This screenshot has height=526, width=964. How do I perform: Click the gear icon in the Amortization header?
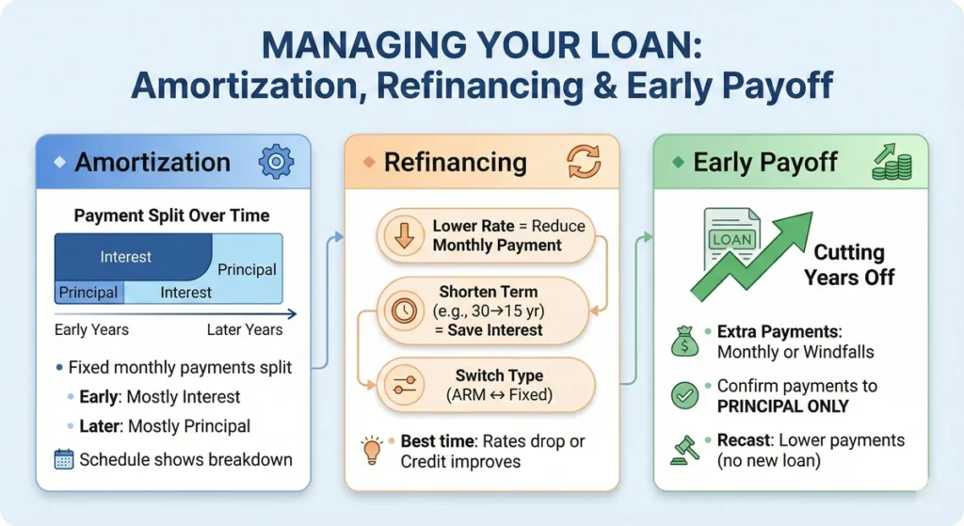[x=276, y=162]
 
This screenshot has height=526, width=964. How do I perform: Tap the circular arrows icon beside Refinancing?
[x=583, y=162]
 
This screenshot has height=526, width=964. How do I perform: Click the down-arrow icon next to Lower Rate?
[x=405, y=236]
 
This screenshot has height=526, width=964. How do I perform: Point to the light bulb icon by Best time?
[x=374, y=450]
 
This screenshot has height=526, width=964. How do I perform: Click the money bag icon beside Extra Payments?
[x=684, y=342]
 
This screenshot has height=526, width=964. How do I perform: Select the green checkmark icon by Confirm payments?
[x=684, y=395]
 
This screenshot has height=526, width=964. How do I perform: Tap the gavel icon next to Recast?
[x=684, y=450]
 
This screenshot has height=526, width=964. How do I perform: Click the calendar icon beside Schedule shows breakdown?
[x=64, y=459]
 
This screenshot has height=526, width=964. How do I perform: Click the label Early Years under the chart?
[x=91, y=329]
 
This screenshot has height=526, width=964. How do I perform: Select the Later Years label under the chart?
[x=244, y=329]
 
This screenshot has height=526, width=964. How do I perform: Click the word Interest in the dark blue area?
[x=126, y=257]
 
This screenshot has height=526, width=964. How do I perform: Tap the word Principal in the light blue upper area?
[x=247, y=269]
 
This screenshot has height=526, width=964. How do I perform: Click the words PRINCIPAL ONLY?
[x=782, y=406]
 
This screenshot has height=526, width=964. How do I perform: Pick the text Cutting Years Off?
[x=848, y=264]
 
